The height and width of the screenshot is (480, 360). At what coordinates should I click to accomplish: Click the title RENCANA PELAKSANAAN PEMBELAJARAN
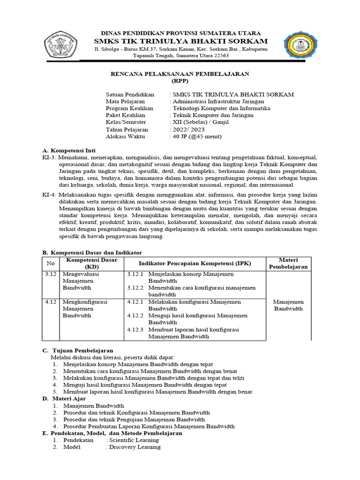180,74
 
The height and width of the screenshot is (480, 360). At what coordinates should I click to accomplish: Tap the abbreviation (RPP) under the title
180,81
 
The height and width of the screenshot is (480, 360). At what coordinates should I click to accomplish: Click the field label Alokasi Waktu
126,136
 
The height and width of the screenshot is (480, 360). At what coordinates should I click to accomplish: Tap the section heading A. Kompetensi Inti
69,150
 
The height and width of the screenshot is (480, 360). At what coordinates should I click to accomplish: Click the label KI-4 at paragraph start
49,195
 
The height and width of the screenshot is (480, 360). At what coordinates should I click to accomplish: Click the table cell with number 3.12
51,274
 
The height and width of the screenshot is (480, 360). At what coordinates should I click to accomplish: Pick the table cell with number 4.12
51,302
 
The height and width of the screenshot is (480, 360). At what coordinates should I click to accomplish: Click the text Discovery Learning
134,447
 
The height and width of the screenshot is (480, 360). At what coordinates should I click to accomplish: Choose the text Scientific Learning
134,440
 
